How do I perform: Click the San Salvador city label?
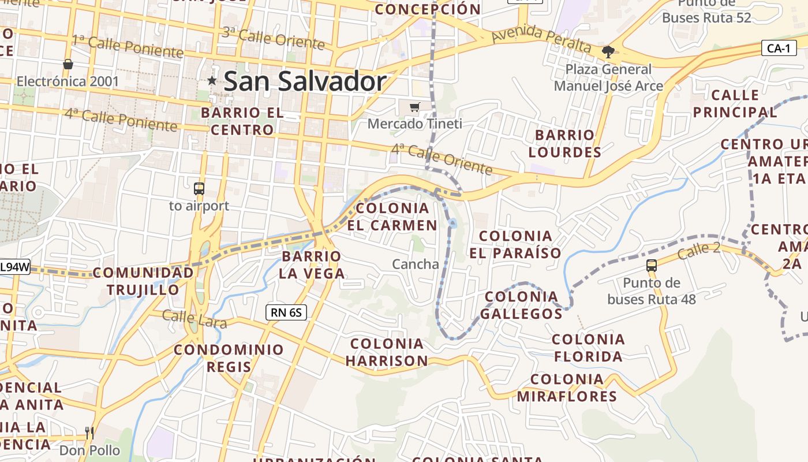pyautogui.click(x=305, y=81)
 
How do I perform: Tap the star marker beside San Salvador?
pyautogui.click(x=212, y=81)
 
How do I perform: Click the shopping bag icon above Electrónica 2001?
pyautogui.click(x=68, y=64)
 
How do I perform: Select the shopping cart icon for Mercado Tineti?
pyautogui.click(x=414, y=107)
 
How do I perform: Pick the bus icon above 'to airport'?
pyautogui.click(x=199, y=188)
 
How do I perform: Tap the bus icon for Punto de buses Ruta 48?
pyautogui.click(x=652, y=266)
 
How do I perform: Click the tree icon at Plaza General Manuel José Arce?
pyautogui.click(x=608, y=52)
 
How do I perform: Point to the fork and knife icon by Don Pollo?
pyautogui.click(x=89, y=433)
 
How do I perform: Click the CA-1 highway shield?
pyautogui.click(x=779, y=48)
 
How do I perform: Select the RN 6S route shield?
pyautogui.click(x=286, y=312)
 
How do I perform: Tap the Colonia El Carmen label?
pyautogui.click(x=392, y=217)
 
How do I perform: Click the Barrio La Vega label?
pyautogui.click(x=312, y=264)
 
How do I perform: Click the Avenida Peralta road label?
pyautogui.click(x=541, y=39)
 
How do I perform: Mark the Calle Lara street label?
pyautogui.click(x=194, y=319)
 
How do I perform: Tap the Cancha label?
pyautogui.click(x=416, y=264)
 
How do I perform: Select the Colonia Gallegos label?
pyautogui.click(x=521, y=305)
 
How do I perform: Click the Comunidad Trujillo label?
pyautogui.click(x=143, y=281)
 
